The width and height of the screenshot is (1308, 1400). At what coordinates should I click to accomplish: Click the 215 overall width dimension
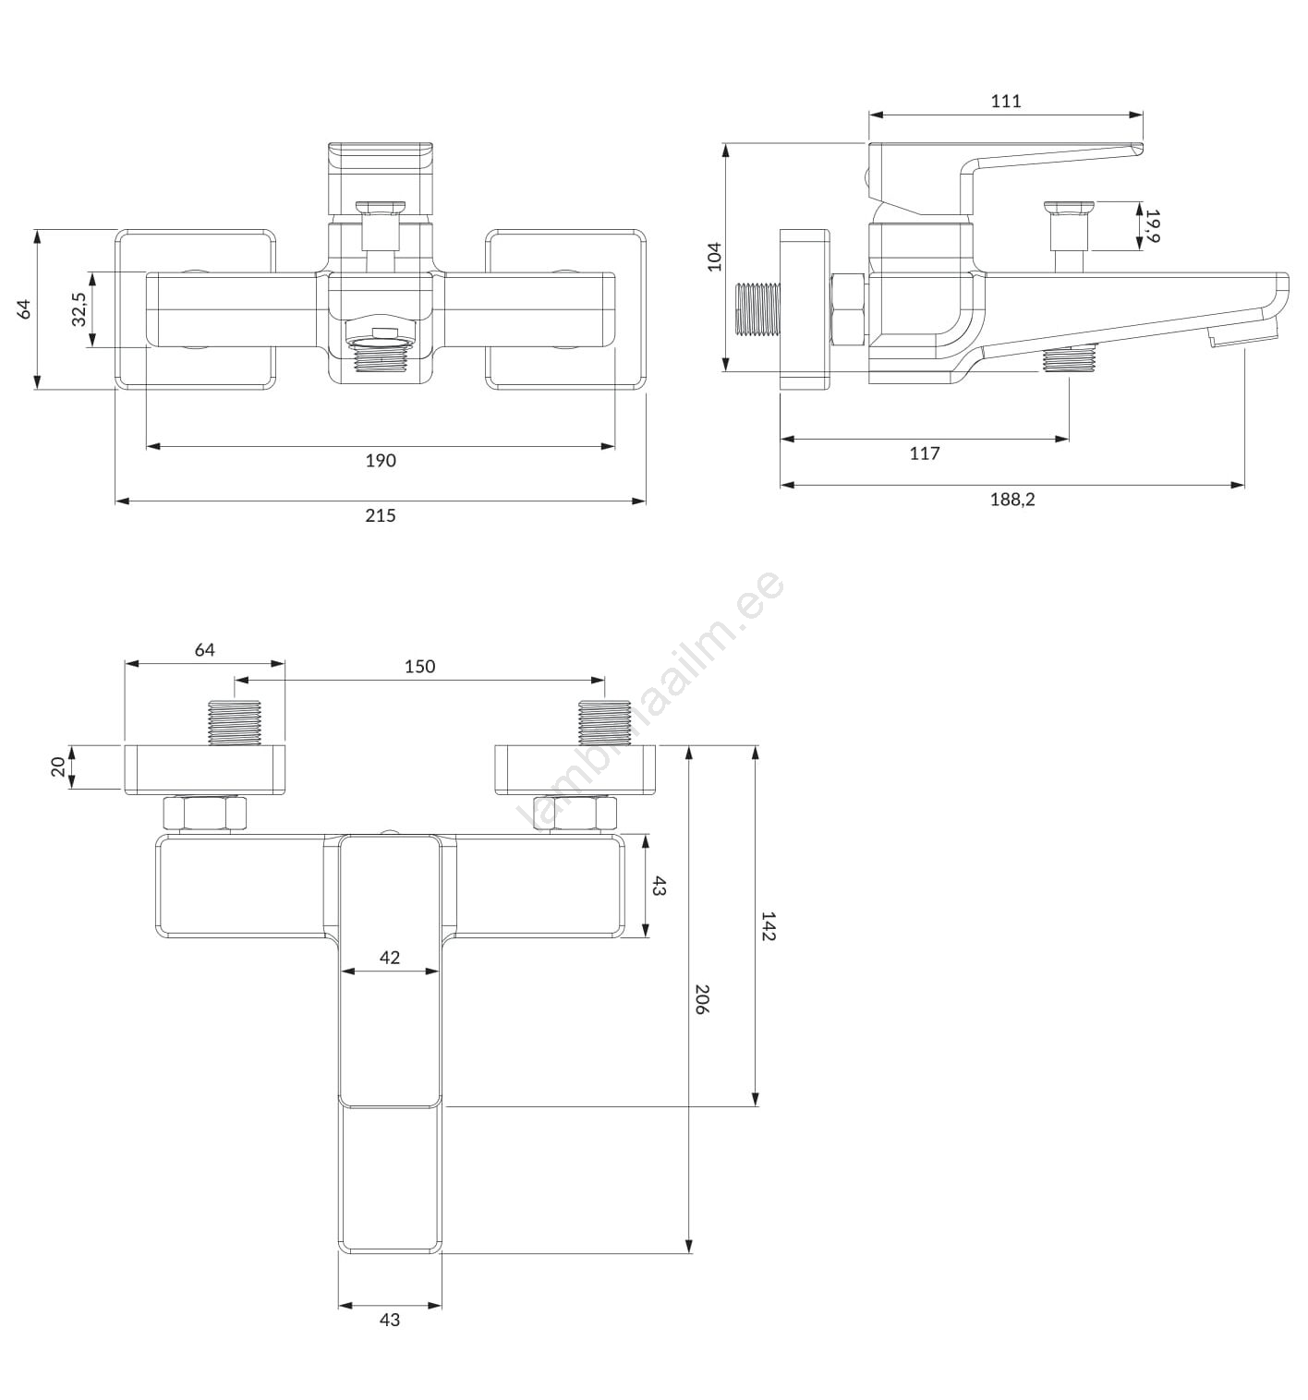click(380, 515)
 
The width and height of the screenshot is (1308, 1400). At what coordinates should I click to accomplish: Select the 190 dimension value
click(380, 460)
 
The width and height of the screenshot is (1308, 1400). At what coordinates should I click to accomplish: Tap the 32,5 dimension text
click(79, 309)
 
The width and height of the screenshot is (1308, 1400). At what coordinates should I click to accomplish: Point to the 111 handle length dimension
click(1006, 101)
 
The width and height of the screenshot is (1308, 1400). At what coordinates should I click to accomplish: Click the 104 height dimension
click(715, 257)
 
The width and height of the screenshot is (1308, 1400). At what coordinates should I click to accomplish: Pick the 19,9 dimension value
click(1152, 225)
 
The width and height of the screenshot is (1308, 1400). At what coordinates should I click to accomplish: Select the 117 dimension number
click(925, 453)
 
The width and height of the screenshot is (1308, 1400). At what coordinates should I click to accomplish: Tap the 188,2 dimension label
click(1012, 500)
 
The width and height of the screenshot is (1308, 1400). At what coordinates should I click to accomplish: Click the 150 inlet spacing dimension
click(419, 666)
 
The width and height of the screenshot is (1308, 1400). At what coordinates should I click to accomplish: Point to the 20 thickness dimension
click(58, 766)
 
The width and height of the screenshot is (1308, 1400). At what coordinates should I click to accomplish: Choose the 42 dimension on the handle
click(389, 958)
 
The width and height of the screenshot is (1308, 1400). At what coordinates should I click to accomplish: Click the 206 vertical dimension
click(701, 999)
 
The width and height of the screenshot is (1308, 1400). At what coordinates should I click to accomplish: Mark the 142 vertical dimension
click(768, 926)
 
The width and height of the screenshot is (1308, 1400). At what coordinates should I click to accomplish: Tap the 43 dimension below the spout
click(389, 1320)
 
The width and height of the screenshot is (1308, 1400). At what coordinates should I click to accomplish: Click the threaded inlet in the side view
click(758, 308)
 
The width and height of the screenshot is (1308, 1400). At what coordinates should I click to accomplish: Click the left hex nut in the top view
click(204, 814)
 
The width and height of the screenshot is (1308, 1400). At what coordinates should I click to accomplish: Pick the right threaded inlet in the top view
click(604, 722)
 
